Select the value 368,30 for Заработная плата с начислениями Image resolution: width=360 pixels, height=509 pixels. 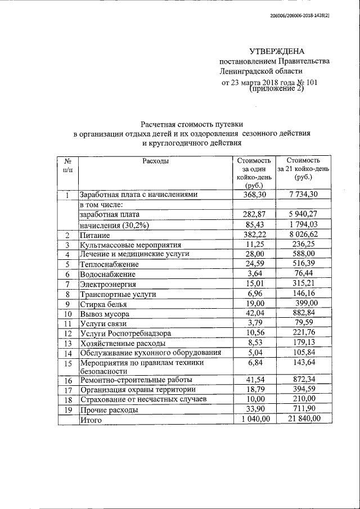point(254,195)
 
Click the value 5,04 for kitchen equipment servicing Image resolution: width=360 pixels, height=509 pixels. point(254,353)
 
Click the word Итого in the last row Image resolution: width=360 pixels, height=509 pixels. point(92,420)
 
